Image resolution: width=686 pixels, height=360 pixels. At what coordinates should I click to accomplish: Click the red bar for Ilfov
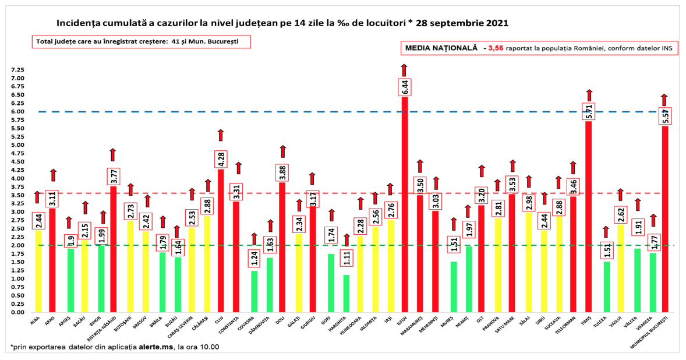405,210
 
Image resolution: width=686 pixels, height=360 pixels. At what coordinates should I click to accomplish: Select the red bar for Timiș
589,221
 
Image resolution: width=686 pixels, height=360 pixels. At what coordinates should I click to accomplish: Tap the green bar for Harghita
346,294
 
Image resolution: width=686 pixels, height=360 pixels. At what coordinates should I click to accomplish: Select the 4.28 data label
221,159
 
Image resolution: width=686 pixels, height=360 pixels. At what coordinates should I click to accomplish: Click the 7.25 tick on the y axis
17,70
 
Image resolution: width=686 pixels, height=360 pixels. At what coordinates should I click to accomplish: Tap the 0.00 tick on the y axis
17,312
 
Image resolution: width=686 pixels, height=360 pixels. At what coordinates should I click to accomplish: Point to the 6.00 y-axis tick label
17,112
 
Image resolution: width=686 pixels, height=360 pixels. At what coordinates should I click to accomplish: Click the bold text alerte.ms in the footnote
155,347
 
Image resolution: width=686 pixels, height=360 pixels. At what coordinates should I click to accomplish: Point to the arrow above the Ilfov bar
404,70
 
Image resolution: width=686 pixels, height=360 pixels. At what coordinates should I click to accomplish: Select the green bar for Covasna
254,291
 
